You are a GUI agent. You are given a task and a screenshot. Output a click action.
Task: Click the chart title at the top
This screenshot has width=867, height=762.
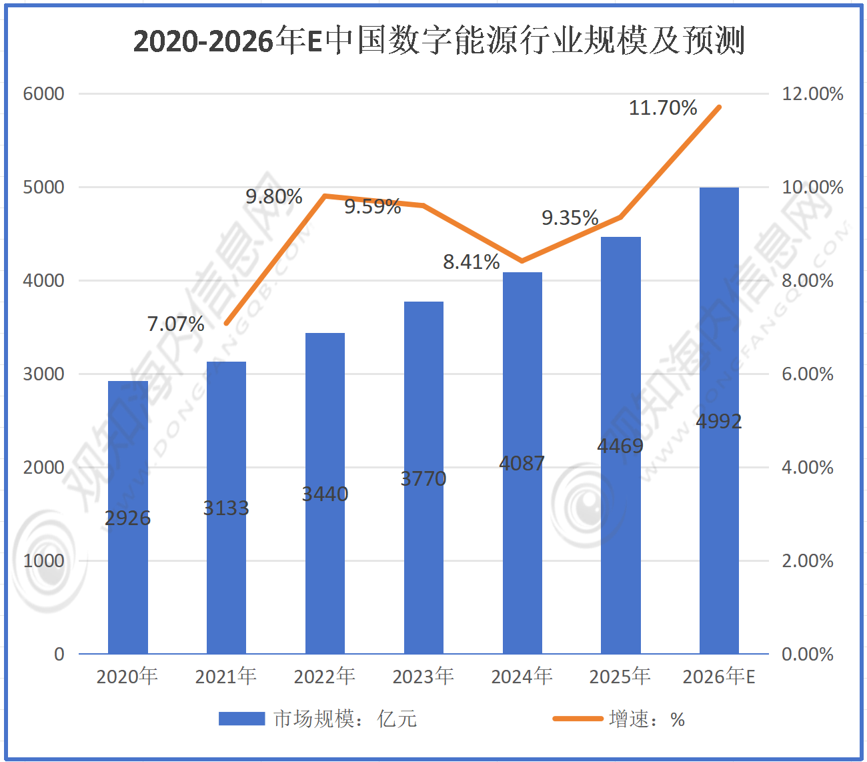coord(438,41)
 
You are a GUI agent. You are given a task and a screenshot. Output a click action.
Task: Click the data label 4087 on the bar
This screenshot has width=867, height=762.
coord(522,463)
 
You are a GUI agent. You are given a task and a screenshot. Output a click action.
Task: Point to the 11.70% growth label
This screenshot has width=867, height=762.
coord(663,107)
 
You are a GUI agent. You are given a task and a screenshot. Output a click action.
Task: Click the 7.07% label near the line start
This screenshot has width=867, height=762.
coord(175,324)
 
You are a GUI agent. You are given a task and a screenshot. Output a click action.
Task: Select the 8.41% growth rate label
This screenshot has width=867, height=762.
coord(472,262)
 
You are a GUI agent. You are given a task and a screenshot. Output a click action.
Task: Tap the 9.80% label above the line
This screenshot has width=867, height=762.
coord(274,196)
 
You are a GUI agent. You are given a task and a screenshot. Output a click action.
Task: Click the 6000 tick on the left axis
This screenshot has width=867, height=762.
coord(44,93)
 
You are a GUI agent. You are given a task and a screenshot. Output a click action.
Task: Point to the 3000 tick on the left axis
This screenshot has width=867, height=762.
coord(44,374)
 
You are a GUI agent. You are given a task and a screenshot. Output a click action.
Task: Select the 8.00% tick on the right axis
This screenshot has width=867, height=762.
coord(807,280)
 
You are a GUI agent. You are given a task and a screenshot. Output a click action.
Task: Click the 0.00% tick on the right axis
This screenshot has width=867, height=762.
coord(807,654)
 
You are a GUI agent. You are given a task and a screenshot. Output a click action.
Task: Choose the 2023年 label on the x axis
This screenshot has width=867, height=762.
coord(423,677)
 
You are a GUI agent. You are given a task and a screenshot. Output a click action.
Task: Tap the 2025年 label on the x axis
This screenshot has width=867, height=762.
coord(620,677)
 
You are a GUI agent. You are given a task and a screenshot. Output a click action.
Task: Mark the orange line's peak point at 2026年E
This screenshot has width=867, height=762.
coord(719,107)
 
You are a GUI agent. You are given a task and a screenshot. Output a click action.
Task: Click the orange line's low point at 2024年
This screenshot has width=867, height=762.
coord(522,261)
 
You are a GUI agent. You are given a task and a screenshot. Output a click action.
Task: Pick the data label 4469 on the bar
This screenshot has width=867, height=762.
coord(620,446)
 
